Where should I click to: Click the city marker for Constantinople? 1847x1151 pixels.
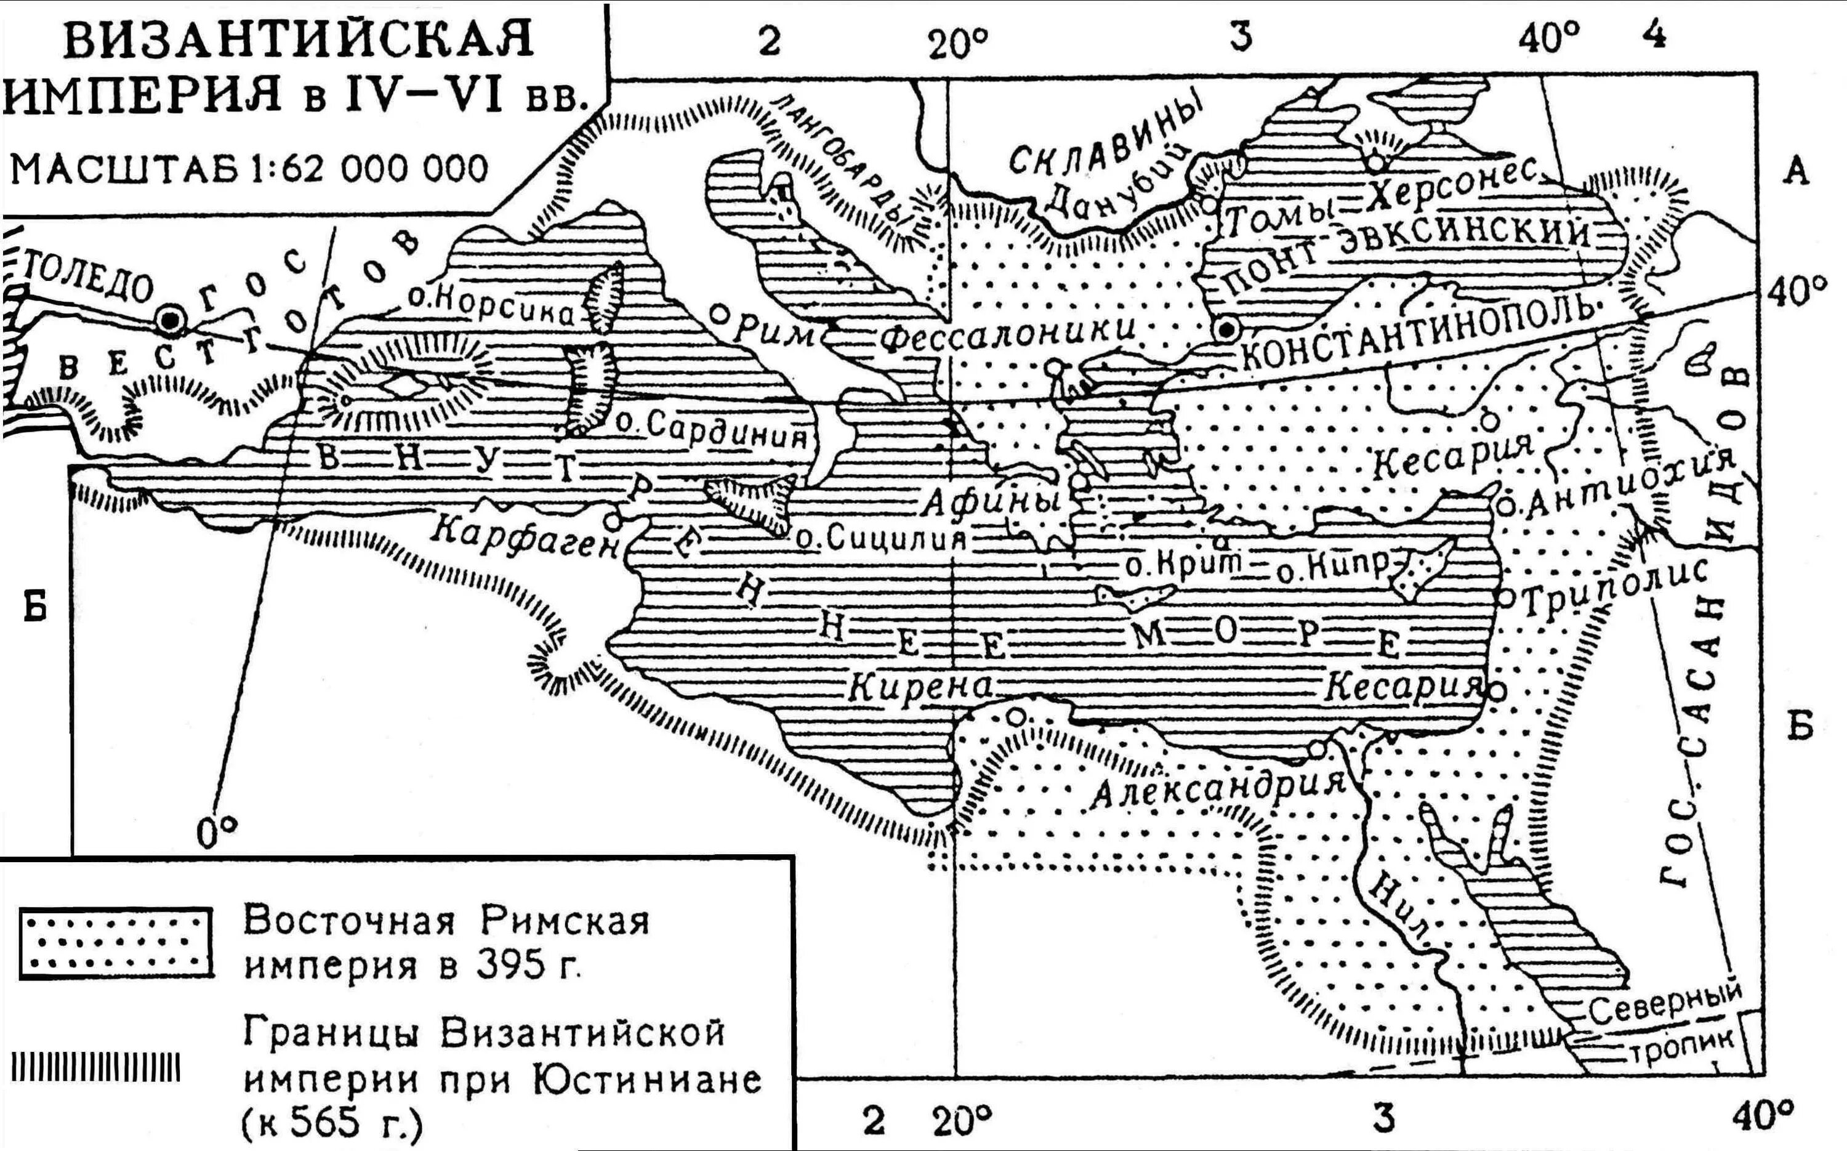tap(1226, 329)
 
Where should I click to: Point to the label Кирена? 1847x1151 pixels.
tap(920, 687)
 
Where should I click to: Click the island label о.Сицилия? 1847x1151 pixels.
tap(880, 539)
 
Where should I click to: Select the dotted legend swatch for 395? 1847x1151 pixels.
tap(114, 942)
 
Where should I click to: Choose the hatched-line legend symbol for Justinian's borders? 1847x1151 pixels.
tap(96, 1067)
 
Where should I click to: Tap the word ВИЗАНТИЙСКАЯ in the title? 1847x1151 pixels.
tap(299, 42)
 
